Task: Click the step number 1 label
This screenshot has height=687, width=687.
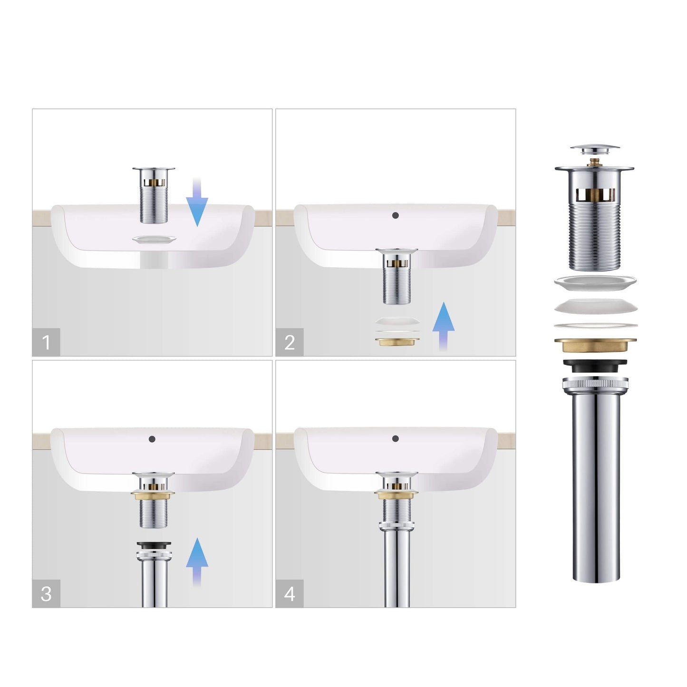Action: (x=46, y=342)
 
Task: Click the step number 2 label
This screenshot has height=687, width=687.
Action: (x=289, y=342)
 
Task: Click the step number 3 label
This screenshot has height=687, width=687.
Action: (x=46, y=594)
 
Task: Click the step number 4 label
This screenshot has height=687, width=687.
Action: (x=289, y=594)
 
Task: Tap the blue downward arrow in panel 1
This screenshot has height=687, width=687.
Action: (x=197, y=203)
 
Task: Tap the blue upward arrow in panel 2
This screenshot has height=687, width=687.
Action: (x=443, y=327)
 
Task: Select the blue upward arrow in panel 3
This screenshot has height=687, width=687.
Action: (x=197, y=562)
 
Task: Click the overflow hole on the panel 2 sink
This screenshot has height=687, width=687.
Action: (x=395, y=215)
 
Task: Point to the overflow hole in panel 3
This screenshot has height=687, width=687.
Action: (x=152, y=439)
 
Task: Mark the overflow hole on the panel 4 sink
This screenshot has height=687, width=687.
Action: (x=395, y=438)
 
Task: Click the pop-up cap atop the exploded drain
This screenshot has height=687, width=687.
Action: (x=594, y=149)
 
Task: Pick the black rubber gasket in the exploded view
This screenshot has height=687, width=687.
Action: (x=595, y=366)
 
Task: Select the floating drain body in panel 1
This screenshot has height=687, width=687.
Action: (x=154, y=195)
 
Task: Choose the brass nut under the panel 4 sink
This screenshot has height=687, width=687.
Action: (x=396, y=494)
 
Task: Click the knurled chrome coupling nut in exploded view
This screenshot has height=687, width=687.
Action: (x=595, y=385)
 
